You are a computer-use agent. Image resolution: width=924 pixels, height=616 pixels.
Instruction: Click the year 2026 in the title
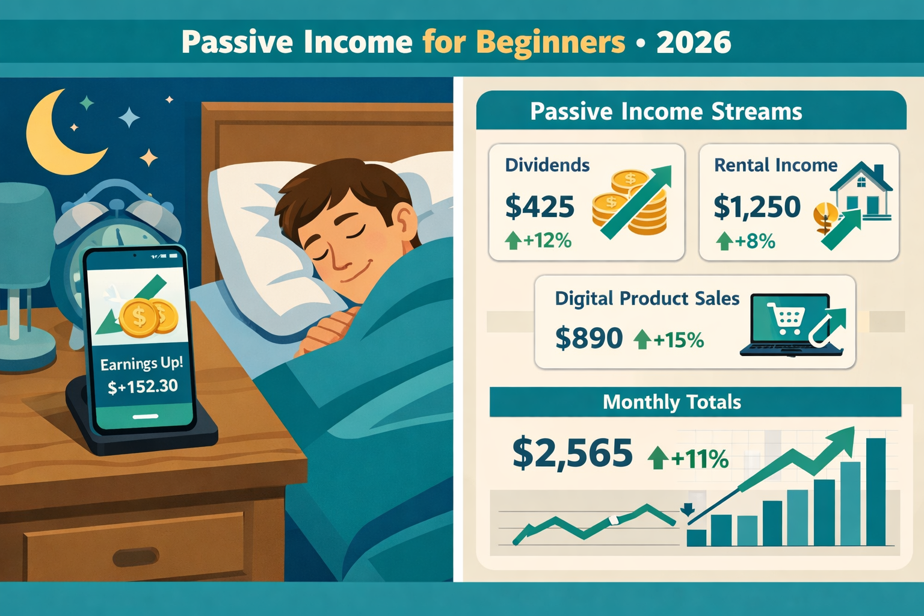[694, 42]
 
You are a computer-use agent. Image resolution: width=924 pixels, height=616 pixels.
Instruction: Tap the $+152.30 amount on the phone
[143, 386]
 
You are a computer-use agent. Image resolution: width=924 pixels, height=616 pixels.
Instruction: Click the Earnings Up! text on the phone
[141, 363]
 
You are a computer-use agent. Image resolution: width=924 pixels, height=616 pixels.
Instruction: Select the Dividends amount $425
[540, 206]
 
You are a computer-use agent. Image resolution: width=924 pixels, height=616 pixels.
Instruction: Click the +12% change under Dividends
[538, 241]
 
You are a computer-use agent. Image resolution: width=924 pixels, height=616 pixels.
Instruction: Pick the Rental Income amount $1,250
[757, 206]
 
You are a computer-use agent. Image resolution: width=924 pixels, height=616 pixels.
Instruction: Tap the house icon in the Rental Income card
[861, 190]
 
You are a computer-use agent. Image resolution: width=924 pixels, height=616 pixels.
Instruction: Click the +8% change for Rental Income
[745, 241]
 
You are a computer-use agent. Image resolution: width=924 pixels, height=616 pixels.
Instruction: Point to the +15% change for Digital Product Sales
[668, 340]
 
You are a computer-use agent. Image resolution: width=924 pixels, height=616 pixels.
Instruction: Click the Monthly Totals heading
[672, 402]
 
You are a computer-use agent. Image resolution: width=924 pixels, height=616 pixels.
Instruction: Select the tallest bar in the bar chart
[875, 492]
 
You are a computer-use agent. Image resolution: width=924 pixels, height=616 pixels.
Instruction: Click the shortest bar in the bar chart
[696, 538]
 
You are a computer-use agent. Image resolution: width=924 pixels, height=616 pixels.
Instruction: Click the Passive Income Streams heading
[666, 111]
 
